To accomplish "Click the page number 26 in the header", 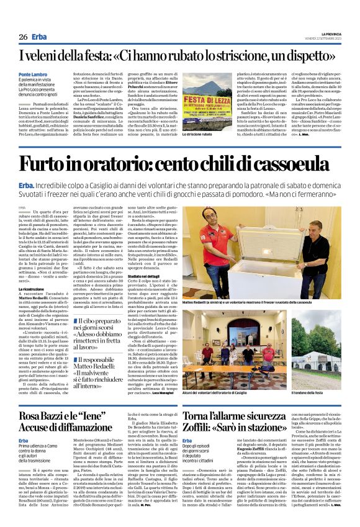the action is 23,37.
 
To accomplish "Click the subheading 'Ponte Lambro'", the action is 32,74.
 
